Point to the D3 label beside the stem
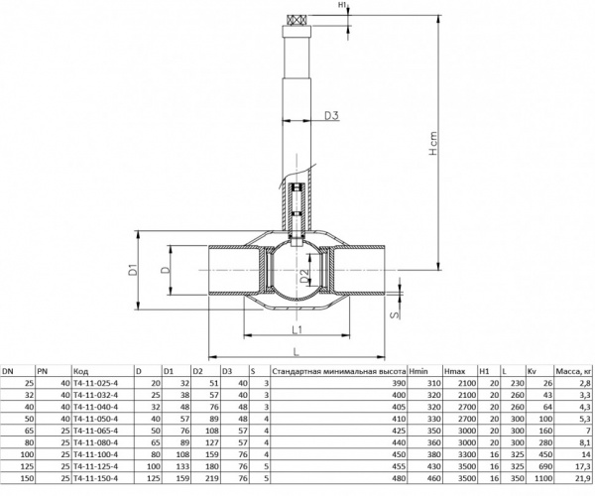tap(332, 117)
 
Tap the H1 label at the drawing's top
tap(342, 6)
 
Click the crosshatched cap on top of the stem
tap(297, 18)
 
